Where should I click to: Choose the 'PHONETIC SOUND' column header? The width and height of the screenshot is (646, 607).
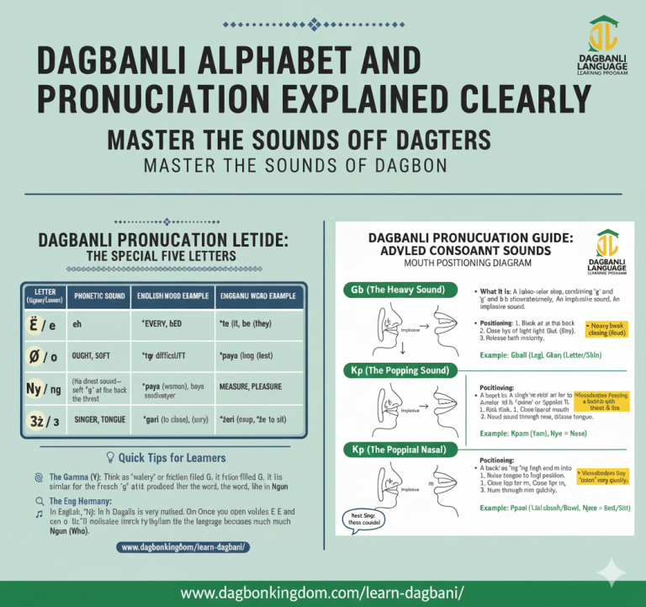point(100,297)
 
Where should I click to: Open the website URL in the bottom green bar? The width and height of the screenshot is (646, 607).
point(323,593)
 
